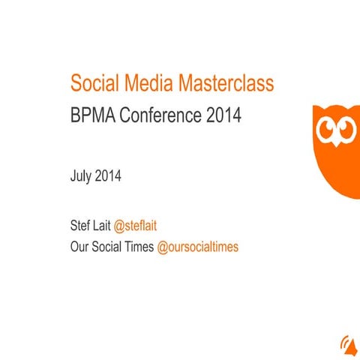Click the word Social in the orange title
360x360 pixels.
click(95, 84)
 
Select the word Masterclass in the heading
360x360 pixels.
click(226, 84)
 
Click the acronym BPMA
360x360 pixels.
click(92, 116)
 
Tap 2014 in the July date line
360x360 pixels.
click(108, 178)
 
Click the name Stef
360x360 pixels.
click(79, 227)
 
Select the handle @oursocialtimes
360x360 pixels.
click(198, 247)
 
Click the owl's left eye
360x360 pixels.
click(328, 132)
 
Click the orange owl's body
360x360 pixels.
click(337, 169)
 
